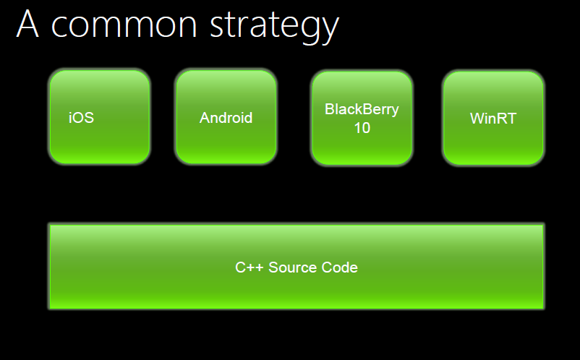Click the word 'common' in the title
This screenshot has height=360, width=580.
pos(124,25)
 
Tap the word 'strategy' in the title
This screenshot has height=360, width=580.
pos(275,26)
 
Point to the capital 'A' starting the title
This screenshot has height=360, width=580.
pos(27,24)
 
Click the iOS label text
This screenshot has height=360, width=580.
pos(82,118)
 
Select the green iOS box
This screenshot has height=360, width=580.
pos(100,117)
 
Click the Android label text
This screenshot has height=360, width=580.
pos(226,118)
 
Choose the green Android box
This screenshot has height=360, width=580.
pos(226,117)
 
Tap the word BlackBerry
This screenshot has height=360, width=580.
pos(362,110)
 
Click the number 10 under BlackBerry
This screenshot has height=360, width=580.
pos(362,128)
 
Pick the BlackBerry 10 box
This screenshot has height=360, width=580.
pos(362,118)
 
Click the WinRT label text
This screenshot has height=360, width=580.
pos(493,119)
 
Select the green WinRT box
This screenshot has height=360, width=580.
pos(493,118)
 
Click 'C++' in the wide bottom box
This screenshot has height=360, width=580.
pos(250,267)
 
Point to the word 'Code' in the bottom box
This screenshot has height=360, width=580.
pos(340,267)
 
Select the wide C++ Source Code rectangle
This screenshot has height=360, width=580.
pos(297,267)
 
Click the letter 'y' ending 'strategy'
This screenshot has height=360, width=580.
pos(330,30)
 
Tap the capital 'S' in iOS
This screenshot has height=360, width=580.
pos(89,118)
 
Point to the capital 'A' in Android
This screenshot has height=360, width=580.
pos(205,118)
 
